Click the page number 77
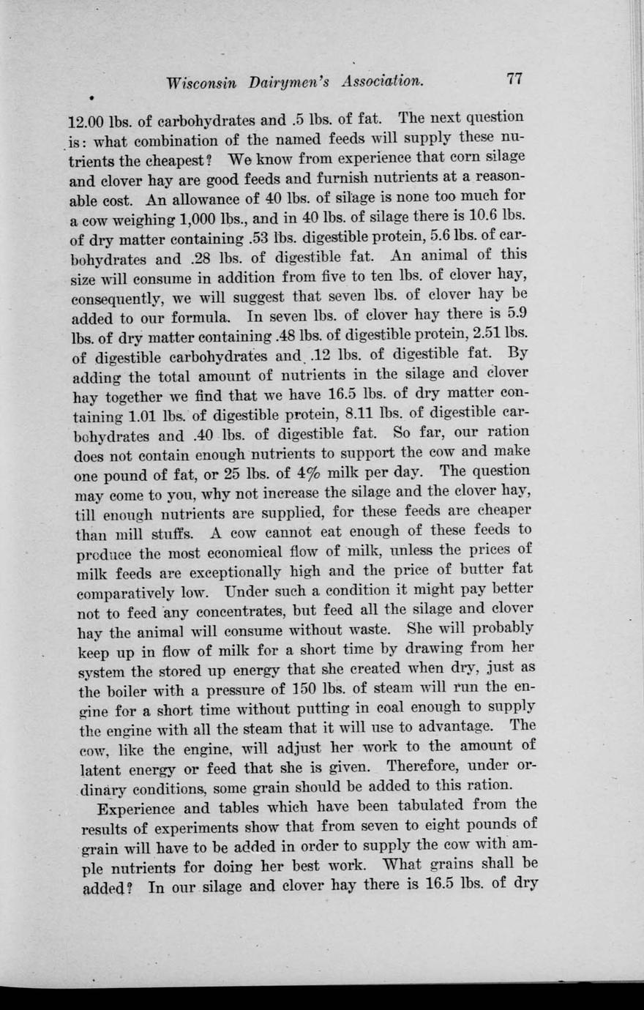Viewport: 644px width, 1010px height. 513,79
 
